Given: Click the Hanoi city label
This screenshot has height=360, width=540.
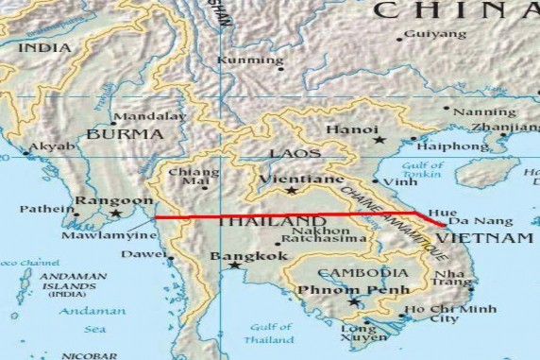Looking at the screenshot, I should pos(352,129).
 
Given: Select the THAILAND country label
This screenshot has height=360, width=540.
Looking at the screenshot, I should pos(266,222).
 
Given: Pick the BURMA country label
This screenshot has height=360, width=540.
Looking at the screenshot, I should pos(125,134).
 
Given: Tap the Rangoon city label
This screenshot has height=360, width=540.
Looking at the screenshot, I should pos(113,200).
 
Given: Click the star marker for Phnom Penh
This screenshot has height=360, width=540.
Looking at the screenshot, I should pos(354,302).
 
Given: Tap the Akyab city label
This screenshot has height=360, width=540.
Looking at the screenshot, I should pos(50,147).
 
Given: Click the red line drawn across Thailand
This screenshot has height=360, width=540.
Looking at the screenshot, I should pos(283,216).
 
